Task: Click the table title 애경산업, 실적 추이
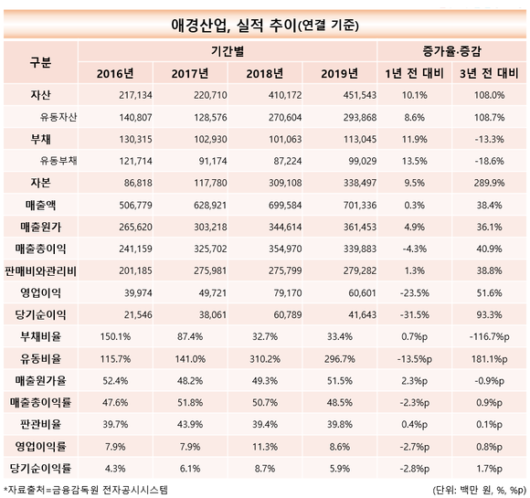tap(233, 26)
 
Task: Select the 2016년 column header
tap(115, 73)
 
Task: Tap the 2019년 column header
tap(339, 73)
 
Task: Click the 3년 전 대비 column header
tap(489, 73)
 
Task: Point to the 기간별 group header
tap(228, 51)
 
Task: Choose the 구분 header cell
tap(40, 62)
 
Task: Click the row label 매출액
tap(40, 206)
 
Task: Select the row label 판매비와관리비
tap(40, 270)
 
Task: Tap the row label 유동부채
tap(58, 161)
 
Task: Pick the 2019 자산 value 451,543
tap(360, 95)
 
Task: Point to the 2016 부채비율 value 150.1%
tap(115, 337)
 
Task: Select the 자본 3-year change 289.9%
tap(489, 183)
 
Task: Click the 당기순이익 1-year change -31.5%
tap(414, 314)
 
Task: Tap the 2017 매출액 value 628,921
tap(210, 206)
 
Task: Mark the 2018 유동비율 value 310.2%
tap(265, 359)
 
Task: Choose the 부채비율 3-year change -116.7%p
tap(489, 337)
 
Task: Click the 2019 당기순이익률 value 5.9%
tap(339, 469)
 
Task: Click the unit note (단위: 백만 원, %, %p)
tap(479, 490)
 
